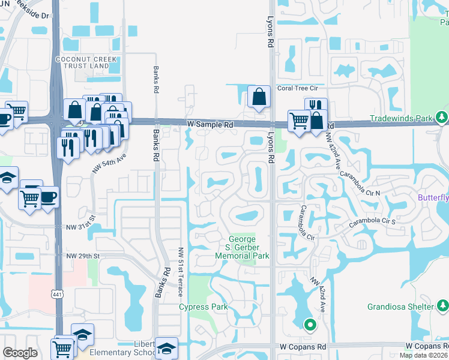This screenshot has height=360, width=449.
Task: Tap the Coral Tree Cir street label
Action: (301, 88)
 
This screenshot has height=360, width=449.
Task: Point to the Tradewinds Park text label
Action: (401, 118)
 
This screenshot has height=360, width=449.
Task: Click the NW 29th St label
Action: (82, 256)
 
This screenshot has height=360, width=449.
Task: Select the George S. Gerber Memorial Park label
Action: (242, 247)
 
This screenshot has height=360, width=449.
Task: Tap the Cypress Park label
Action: (203, 307)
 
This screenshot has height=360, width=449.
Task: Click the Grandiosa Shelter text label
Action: (400, 307)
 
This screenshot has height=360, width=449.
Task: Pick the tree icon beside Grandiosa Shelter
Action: (442, 307)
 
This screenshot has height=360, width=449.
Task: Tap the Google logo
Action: (20, 353)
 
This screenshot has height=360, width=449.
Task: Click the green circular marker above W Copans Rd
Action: (310, 326)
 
